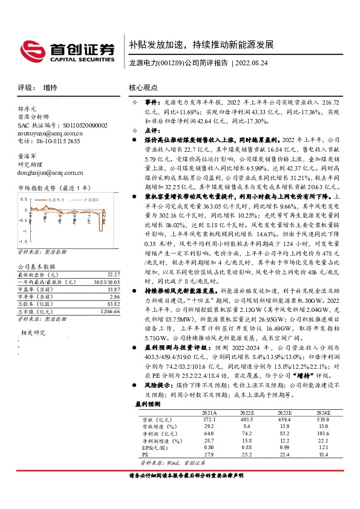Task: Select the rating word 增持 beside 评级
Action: pos(50,88)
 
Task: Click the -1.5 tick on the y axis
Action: pos(23,242)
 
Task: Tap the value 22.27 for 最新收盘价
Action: pos(105,274)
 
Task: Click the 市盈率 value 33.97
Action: pos(105,289)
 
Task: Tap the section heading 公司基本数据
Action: pos(36,266)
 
